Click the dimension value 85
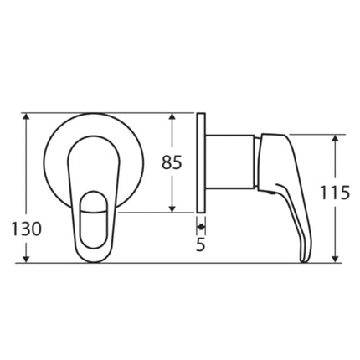[x=171, y=163]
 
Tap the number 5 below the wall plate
[x=201, y=246]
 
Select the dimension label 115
[x=335, y=193]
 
